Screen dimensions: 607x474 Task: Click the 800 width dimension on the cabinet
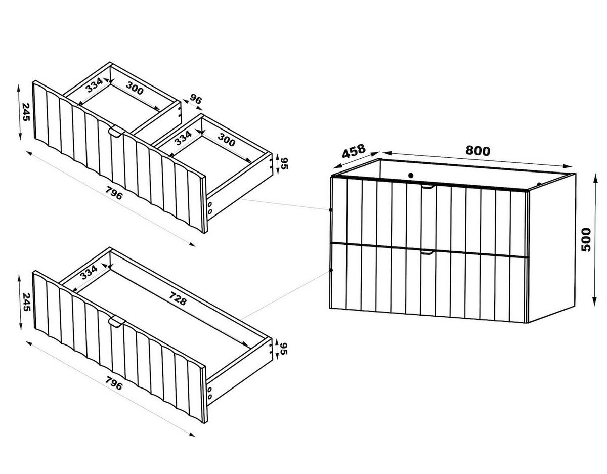(478, 151)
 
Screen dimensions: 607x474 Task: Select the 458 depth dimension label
(354, 151)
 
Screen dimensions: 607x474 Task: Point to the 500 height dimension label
(586, 240)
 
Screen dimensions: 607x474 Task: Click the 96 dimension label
(196, 99)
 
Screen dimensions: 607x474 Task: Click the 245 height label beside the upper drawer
(25, 112)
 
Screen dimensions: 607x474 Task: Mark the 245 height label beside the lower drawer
(25, 302)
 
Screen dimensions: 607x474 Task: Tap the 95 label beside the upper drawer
(284, 164)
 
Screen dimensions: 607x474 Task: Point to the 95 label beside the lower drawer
(284, 349)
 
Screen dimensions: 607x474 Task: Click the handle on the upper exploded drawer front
(116, 132)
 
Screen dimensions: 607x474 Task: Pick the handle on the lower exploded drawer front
(116, 322)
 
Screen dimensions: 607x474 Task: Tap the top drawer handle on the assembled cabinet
(427, 186)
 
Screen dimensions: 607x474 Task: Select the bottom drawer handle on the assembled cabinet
(427, 252)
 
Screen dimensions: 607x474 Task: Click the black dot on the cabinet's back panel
(410, 176)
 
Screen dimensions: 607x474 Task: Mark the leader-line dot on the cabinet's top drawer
(331, 209)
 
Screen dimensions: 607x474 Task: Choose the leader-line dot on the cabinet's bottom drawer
(331, 270)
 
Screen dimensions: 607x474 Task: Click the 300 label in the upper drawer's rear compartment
(135, 88)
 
